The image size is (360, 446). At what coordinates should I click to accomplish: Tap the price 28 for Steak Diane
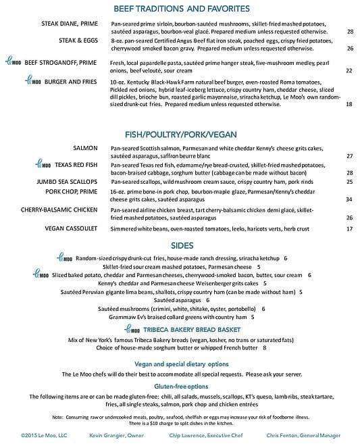tap(350, 31)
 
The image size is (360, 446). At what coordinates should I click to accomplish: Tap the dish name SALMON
tap(87, 147)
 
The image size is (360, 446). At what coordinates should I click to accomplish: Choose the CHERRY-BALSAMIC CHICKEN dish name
tap(58, 210)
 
